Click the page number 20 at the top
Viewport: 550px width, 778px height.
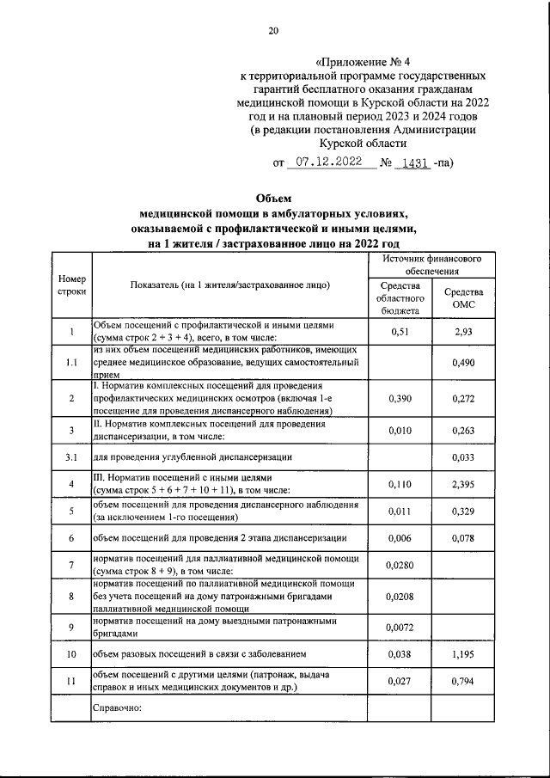[273, 32]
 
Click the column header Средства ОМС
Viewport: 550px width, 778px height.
[463, 298]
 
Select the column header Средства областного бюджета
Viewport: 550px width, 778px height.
[398, 298]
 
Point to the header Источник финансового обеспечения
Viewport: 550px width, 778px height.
[431, 264]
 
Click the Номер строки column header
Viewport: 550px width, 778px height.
[71, 285]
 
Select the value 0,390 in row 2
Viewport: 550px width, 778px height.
[398, 399]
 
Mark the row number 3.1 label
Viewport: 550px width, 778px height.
[71, 457]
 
